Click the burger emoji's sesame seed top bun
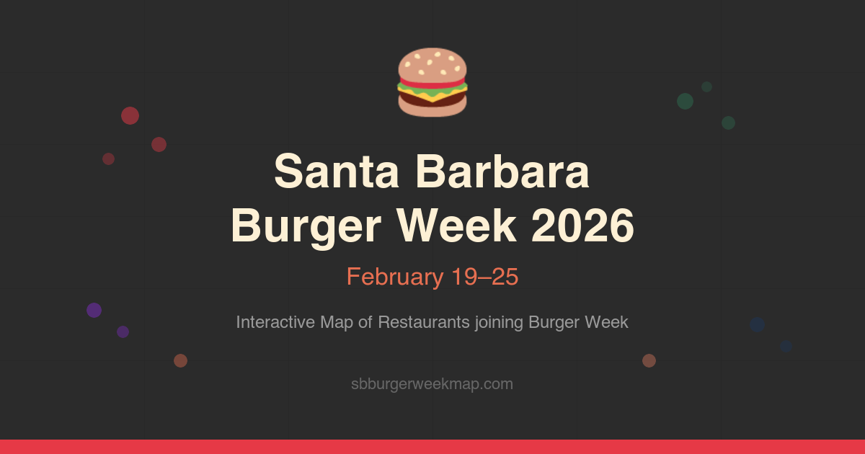click(x=432, y=63)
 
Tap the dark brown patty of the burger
click(x=432, y=98)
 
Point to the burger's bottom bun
click(x=432, y=110)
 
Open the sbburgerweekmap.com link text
click(x=432, y=384)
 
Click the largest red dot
click(x=130, y=115)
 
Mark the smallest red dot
click(x=108, y=159)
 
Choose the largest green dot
click(x=685, y=101)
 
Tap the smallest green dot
click(x=706, y=86)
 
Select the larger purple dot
click(x=94, y=310)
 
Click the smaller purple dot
click(x=123, y=331)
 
